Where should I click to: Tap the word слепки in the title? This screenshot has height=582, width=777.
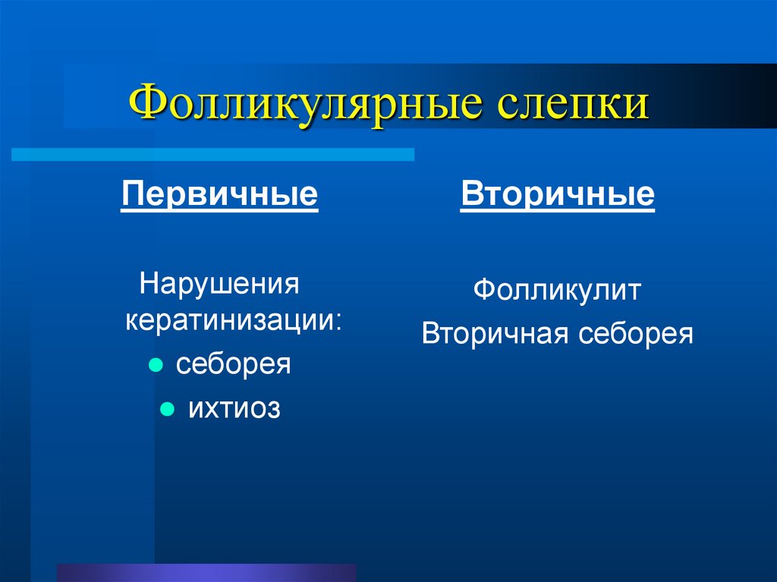[x=573, y=104]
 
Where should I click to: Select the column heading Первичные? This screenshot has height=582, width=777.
[x=219, y=194]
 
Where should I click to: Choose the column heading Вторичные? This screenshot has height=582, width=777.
[x=557, y=194]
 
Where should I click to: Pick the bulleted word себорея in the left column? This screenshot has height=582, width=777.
[x=234, y=363]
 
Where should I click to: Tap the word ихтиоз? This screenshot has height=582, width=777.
[x=234, y=409]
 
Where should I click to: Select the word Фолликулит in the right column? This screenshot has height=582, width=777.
[x=558, y=291]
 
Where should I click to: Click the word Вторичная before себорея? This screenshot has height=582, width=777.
[x=492, y=334]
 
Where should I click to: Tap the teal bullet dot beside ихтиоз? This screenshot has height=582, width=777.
[x=167, y=410]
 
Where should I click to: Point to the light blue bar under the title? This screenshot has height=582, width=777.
[x=212, y=155]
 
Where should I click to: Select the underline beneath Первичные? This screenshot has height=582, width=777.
[x=219, y=212]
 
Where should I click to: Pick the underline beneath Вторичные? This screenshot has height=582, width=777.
[x=557, y=212]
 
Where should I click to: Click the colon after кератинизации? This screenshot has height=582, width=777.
[x=338, y=321]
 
